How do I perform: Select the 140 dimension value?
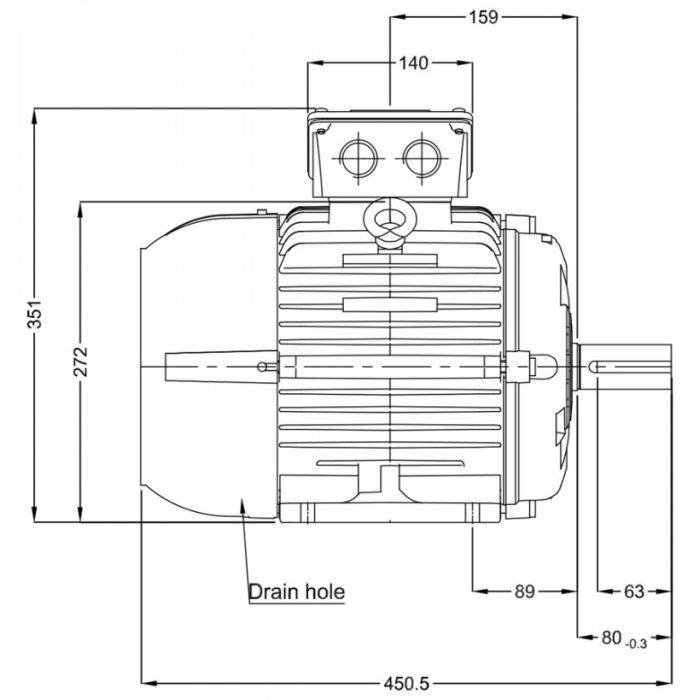click(413, 63)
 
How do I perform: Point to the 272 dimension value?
click(81, 361)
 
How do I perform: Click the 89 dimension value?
click(525, 591)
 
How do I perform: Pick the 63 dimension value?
click(634, 591)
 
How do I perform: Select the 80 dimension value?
click(612, 637)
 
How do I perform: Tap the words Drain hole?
click(296, 592)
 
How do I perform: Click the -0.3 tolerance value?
click(637, 643)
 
